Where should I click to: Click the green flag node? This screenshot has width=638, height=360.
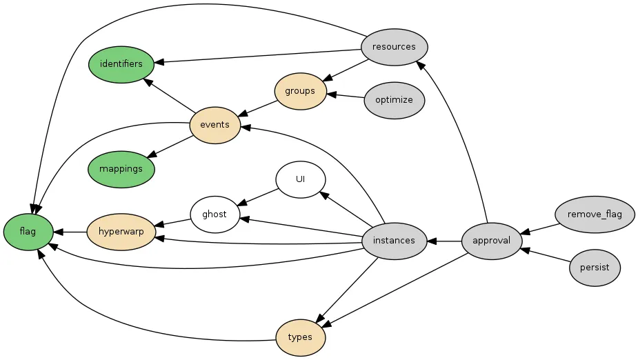click(28, 232)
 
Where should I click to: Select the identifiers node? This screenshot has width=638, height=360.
click(121, 64)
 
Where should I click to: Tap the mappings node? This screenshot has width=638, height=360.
click(121, 168)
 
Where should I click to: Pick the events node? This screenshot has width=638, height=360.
click(215, 125)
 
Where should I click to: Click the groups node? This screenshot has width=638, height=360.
click(300, 91)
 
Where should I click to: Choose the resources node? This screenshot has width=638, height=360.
click(394, 47)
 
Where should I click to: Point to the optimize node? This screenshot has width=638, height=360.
click(394, 100)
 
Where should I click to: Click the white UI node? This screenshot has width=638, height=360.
click(300, 179)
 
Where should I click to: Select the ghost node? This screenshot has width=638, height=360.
click(215, 214)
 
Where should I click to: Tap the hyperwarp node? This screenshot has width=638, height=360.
click(121, 232)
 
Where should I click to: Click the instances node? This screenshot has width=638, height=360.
click(394, 241)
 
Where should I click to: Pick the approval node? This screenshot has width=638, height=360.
click(492, 241)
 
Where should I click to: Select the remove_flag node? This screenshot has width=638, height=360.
click(595, 214)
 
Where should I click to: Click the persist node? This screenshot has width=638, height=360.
click(595, 267)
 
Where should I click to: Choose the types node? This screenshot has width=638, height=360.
click(300, 337)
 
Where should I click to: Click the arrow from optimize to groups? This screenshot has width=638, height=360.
click(345, 95)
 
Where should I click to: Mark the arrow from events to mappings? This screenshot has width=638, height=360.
click(169, 146)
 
